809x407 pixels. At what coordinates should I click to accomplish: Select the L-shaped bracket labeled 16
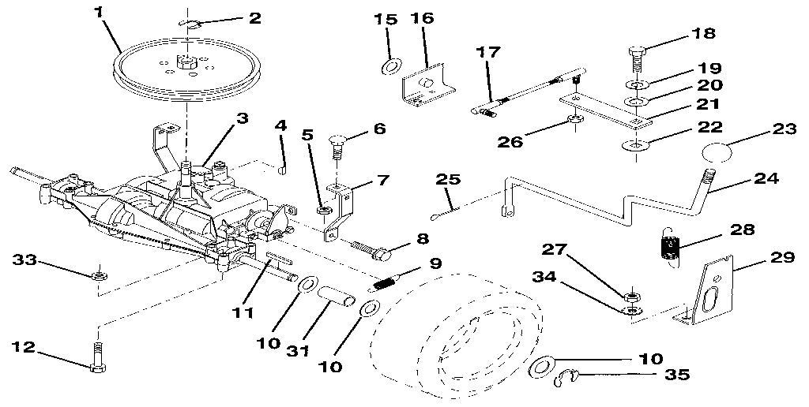(427, 87)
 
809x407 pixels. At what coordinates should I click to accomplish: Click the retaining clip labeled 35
(565, 379)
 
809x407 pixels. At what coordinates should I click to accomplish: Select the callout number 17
(487, 53)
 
